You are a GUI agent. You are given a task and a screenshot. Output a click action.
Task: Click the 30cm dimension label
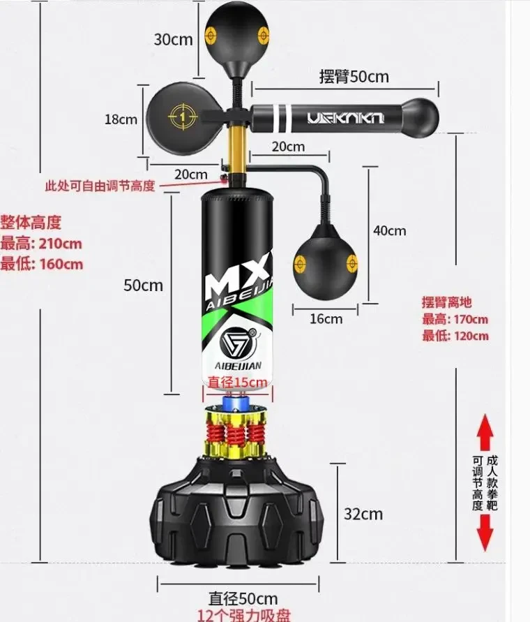(x=173, y=39)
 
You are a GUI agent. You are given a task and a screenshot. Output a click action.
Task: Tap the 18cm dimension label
(x=121, y=119)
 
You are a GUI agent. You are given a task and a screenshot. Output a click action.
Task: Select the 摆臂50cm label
(x=354, y=77)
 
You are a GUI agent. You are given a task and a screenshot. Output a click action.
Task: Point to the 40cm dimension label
(x=389, y=230)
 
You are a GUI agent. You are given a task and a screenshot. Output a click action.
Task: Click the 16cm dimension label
(x=326, y=318)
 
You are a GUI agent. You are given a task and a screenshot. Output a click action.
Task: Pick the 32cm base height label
(x=363, y=514)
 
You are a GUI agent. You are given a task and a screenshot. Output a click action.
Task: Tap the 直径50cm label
(x=243, y=598)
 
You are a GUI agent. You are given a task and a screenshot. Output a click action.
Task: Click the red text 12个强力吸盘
(x=243, y=614)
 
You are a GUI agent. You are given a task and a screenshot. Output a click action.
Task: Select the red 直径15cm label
(x=238, y=381)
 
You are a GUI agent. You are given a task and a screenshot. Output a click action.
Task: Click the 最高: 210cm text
(x=41, y=244)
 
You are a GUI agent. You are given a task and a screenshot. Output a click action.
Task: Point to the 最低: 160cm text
(x=41, y=264)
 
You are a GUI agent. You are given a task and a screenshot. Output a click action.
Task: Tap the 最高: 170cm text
(x=455, y=319)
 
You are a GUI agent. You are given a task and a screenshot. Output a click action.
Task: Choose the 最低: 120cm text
(x=455, y=336)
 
